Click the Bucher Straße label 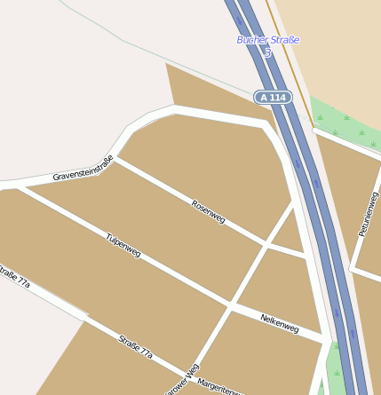267,40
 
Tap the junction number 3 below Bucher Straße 267,53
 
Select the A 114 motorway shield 273,97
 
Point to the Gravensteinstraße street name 83,169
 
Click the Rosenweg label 208,212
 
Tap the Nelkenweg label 279,324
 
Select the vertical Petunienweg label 368,214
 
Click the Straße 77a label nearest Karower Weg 136,345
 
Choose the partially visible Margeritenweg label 220,387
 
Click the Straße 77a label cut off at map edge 14,276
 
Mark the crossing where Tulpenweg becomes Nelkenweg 229,306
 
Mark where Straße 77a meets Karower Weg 188,373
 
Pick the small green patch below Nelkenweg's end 335,368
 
